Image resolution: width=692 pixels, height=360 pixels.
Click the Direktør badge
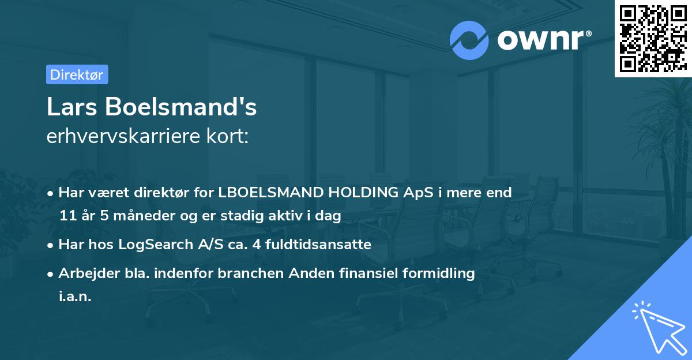tap(77, 74)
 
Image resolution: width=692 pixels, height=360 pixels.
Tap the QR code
tap(653, 39)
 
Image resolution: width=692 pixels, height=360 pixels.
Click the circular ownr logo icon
tap(469, 40)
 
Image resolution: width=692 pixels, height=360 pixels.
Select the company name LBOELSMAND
tap(273, 193)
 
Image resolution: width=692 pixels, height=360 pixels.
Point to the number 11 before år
tap(68, 216)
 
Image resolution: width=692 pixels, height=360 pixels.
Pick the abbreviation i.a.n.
tap(75, 297)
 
